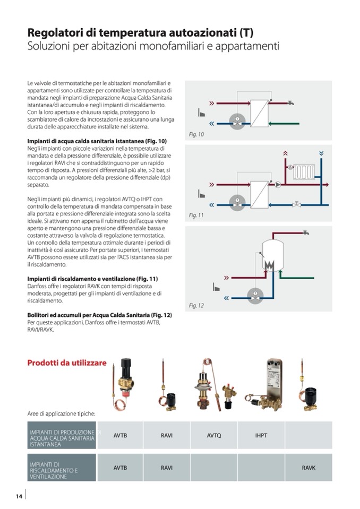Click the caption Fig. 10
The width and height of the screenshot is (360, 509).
(x=196, y=135)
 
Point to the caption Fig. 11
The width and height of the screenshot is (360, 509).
(x=196, y=215)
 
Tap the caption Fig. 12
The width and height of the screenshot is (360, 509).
(x=196, y=306)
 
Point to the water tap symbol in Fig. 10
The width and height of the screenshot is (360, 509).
(x=291, y=101)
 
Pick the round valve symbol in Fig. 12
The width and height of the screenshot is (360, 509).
(x=255, y=294)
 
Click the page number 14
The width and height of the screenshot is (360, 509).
(x=19, y=496)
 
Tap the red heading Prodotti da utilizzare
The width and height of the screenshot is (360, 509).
(x=67, y=363)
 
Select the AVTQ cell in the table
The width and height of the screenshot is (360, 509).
(x=213, y=436)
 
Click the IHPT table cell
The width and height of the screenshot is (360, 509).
(x=261, y=436)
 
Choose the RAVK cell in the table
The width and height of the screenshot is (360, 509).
(x=308, y=468)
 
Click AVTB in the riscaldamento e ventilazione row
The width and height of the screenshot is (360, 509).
(x=120, y=468)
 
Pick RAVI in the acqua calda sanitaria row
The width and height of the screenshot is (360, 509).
(x=167, y=436)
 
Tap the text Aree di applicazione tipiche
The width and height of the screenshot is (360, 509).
(x=61, y=413)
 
